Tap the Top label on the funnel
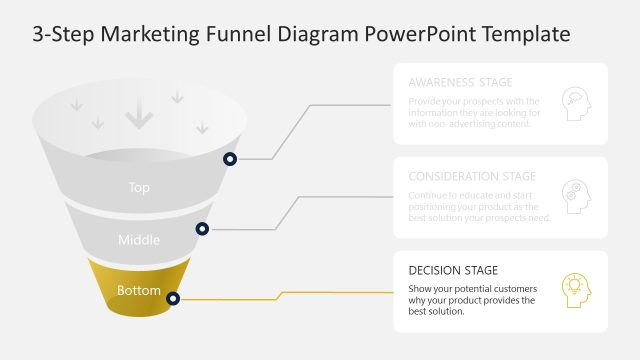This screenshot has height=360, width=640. [139, 187]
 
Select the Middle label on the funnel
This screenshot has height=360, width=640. [139, 239]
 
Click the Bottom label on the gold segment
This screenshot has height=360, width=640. [138, 291]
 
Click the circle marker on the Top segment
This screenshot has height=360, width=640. [230, 159]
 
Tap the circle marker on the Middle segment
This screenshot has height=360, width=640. [203, 229]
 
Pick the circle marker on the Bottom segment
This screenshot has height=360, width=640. [173, 298]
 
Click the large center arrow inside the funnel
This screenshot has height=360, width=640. [139, 117]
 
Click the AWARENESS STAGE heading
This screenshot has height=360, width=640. [459, 82]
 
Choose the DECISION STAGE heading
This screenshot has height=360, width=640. [453, 270]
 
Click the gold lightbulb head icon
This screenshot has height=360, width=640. [576, 290]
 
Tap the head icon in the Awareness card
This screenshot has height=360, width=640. [576, 103]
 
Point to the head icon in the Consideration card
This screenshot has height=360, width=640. [576, 196]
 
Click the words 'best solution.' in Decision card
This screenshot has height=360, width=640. [437, 311]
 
